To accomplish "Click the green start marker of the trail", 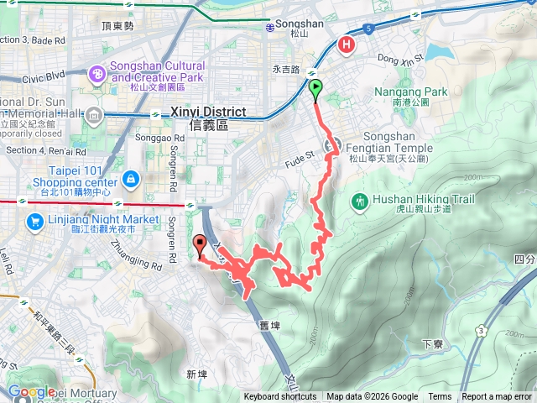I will [315, 88].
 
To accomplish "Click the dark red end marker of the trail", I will [200, 244].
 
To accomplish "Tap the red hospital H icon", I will [346, 45].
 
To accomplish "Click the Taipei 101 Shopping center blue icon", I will [130, 178].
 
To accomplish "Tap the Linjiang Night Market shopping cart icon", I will [35, 222].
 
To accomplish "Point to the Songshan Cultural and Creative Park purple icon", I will [98, 75].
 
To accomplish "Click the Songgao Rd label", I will [154, 138].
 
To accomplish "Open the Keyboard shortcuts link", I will [280, 397].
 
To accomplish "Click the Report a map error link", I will [498, 397].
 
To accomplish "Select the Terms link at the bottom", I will [440, 397].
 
